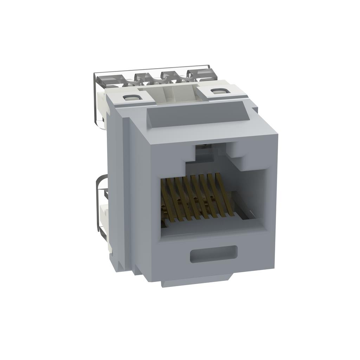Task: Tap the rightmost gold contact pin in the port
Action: click(x=225, y=195)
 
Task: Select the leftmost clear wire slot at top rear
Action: click(x=105, y=79)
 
